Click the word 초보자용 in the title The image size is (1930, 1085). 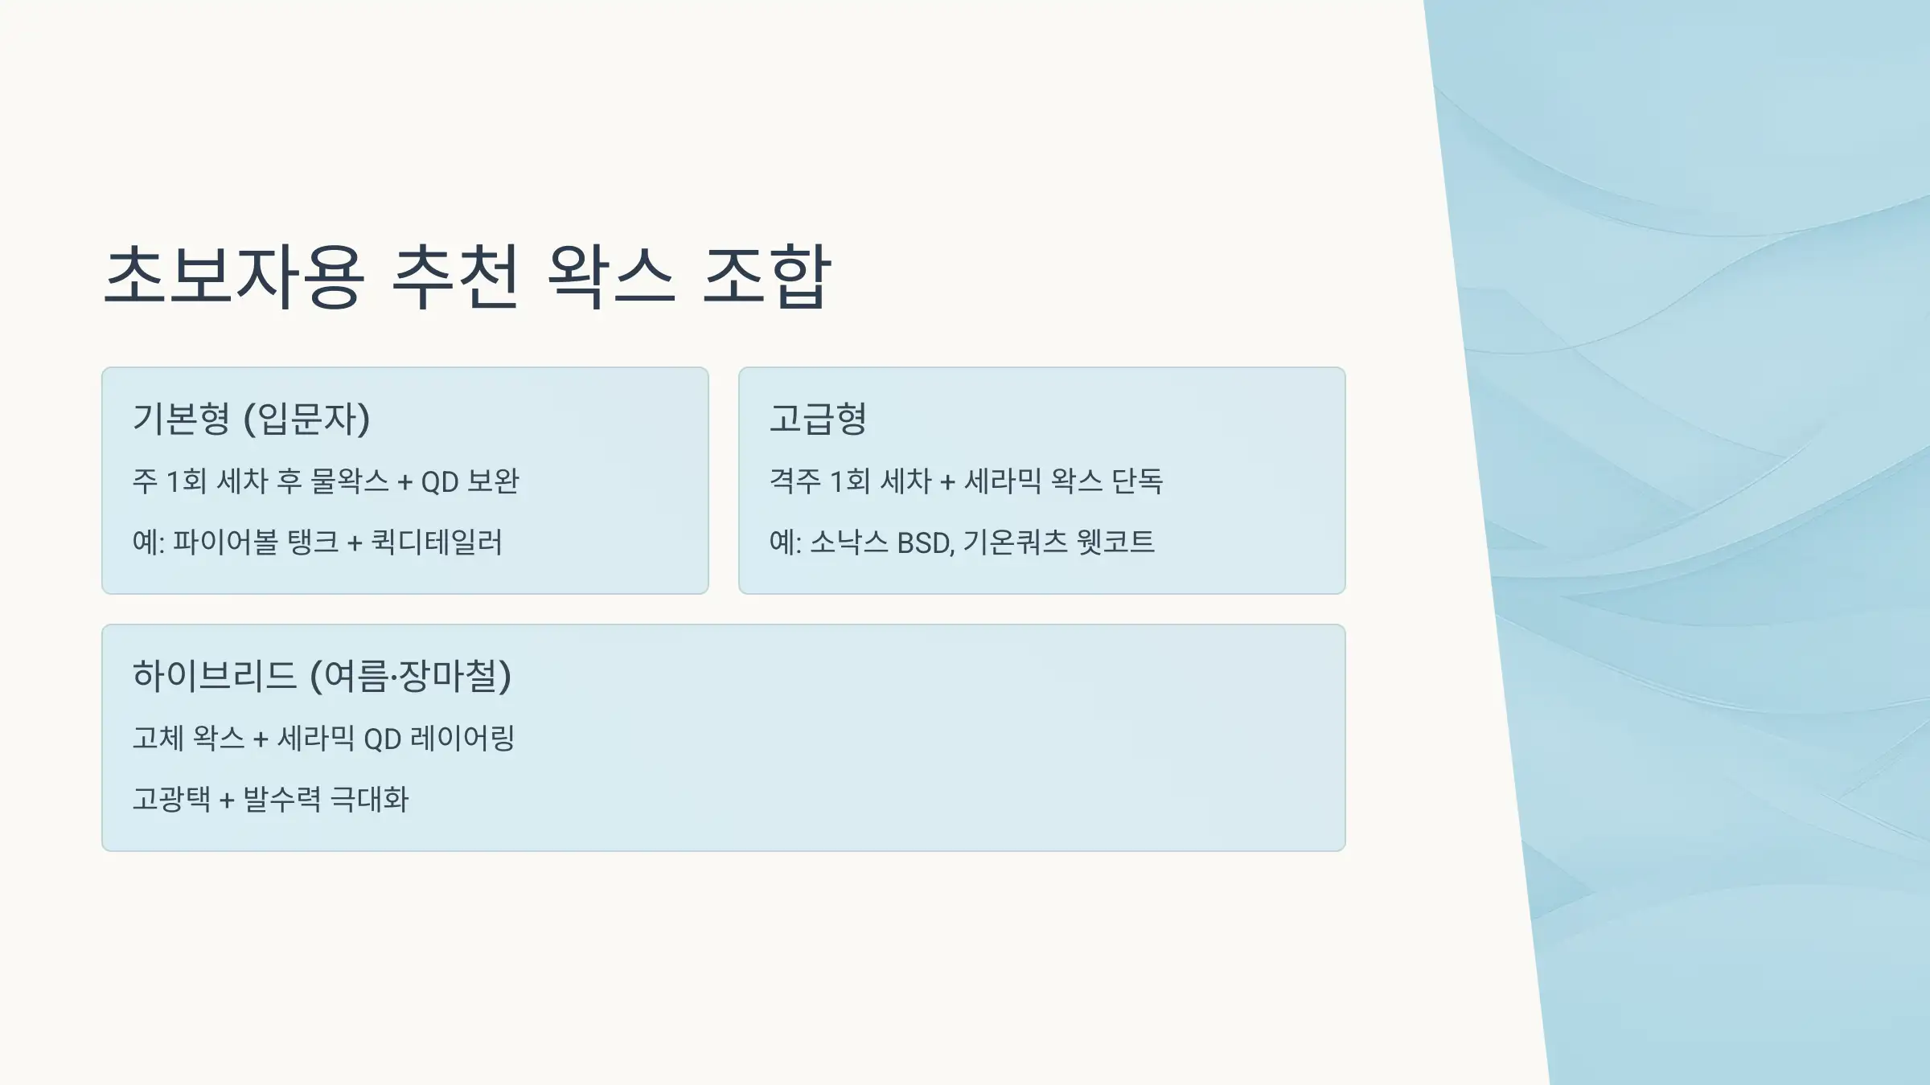pos(234,276)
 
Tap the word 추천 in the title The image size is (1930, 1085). pos(455,276)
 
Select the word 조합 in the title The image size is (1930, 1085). pos(766,276)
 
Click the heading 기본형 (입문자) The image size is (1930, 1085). pos(251,419)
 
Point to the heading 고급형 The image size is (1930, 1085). pos(818,419)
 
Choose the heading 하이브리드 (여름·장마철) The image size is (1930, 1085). pos(322,676)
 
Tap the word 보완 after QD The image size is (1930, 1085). pos(493,481)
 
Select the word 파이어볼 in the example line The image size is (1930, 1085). pos(225,542)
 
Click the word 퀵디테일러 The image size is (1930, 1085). pos(437,542)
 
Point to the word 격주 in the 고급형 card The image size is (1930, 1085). pos(795,481)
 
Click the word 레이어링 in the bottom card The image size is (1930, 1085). pos(462,739)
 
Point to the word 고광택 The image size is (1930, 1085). pos(171,800)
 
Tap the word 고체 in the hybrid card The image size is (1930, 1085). pos(158,739)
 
